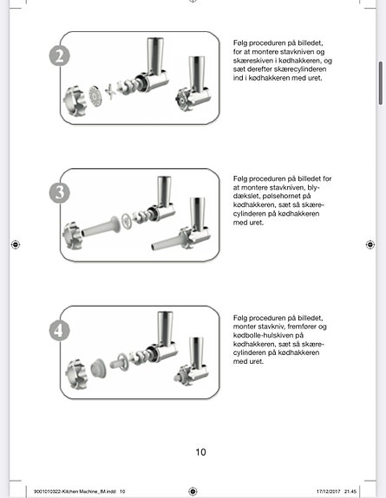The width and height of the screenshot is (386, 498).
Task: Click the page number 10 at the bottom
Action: pyautogui.click(x=200, y=451)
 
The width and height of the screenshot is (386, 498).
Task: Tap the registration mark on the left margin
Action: pyautogui.click(x=16, y=245)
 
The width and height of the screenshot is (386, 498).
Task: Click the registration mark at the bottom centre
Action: pyautogui.click(x=193, y=490)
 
